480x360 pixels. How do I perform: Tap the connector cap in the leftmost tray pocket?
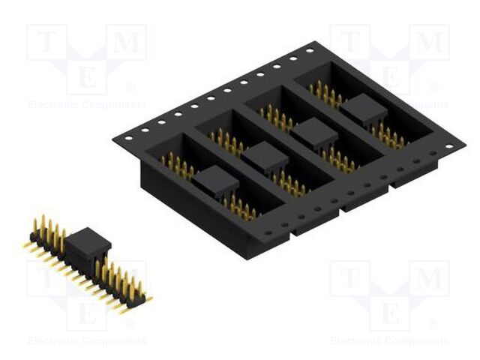pyautogui.click(x=217, y=179)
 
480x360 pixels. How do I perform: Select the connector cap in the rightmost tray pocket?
pyautogui.click(x=363, y=109)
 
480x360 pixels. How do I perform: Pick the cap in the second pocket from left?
pyautogui.click(x=265, y=156)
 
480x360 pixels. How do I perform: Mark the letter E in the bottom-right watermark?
pyautogui.click(x=389, y=310)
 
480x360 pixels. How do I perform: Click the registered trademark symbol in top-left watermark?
pyautogui.click(x=130, y=87)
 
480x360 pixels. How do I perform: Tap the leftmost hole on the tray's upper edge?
pyautogui.click(x=127, y=137)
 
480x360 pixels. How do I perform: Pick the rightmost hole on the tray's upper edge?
pyautogui.click(x=309, y=51)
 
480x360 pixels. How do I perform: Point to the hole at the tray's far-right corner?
pyautogui.click(x=448, y=147)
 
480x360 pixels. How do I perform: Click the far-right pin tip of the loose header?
pyautogui.click(x=148, y=298)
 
